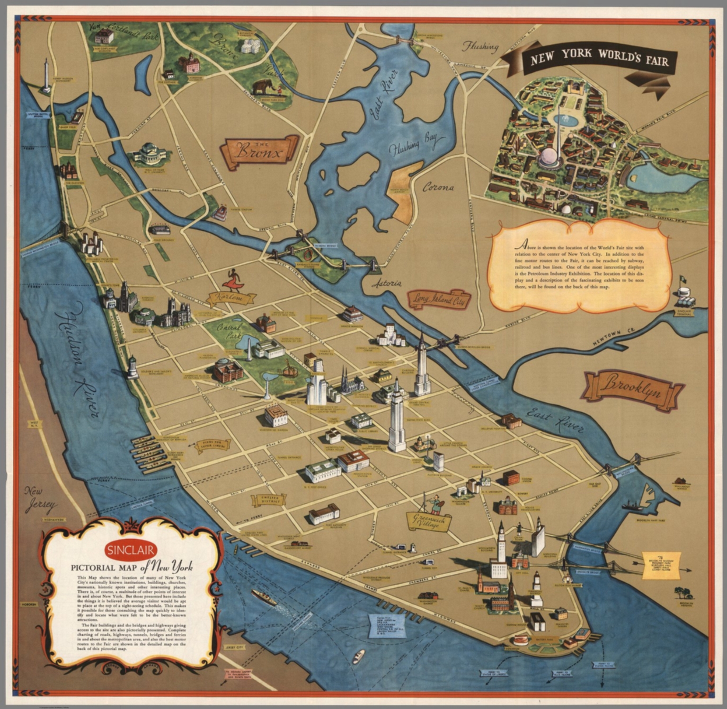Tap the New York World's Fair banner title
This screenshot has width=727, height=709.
click(599, 59)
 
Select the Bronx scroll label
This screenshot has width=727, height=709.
click(259, 152)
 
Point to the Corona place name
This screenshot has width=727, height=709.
click(438, 188)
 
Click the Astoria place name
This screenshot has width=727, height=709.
click(386, 284)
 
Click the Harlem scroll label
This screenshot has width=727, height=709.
click(230, 298)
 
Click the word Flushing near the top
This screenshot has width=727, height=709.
click(480, 46)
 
